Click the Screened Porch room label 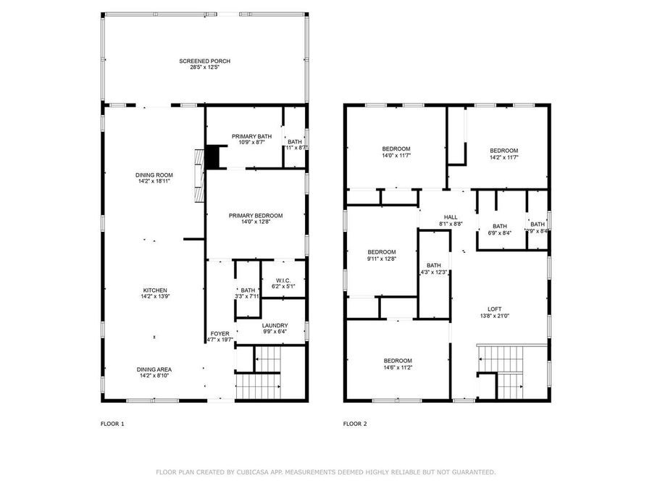pyautogui.click(x=205, y=61)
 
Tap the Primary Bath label pyautogui.click(x=251, y=136)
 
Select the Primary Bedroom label pyautogui.click(x=256, y=215)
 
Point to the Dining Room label pyautogui.click(x=154, y=175)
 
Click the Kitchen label pyautogui.click(x=154, y=290)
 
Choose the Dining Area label pyautogui.click(x=154, y=369)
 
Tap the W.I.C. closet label pyautogui.click(x=283, y=280)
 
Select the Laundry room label pyautogui.click(x=275, y=325)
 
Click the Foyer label pyautogui.click(x=220, y=333)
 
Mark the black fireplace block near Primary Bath pyautogui.click(x=212, y=156)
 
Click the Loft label pyautogui.click(x=495, y=309)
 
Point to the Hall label pyautogui.click(x=451, y=217)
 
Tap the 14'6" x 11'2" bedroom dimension pyautogui.click(x=398, y=367)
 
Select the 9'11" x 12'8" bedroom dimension pyautogui.click(x=382, y=259)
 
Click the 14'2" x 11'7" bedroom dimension pyautogui.click(x=503, y=157)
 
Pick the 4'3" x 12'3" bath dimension pyautogui.click(x=434, y=272)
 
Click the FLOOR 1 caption pyautogui.click(x=112, y=424)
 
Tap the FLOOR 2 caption pyautogui.click(x=355, y=424)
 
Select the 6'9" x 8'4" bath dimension pyautogui.click(x=500, y=233)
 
